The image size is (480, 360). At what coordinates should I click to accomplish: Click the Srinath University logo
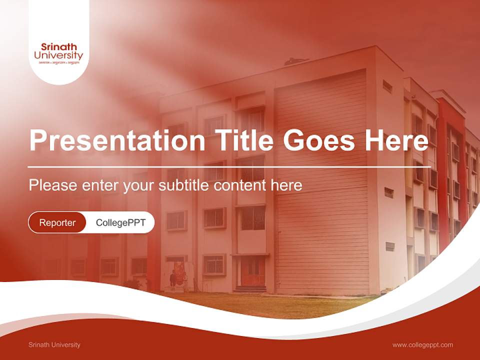coord(58,52)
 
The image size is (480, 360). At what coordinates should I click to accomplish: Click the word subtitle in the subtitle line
coord(184,185)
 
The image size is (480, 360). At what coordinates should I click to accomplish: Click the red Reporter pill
coord(57,222)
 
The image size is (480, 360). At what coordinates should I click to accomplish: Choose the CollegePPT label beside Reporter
coord(120,222)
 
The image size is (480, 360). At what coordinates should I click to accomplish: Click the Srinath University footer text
coord(54,344)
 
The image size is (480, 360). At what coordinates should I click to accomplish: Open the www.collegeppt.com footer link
coord(422,344)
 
